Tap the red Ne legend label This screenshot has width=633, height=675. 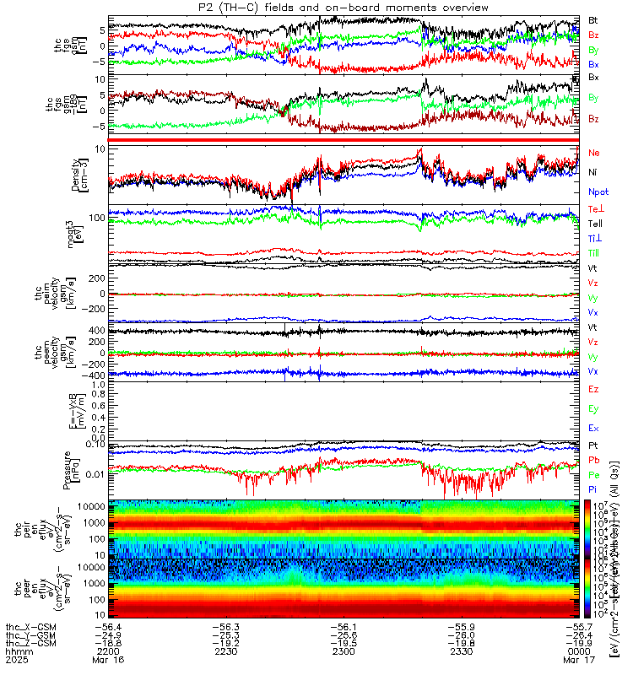[594, 153]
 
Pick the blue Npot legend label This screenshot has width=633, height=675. [598, 192]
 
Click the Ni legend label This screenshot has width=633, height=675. [593, 172]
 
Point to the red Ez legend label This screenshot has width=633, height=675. [593, 389]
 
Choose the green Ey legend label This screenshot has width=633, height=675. [593, 408]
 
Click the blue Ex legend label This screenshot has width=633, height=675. [593, 428]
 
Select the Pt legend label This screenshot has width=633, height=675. [593, 445]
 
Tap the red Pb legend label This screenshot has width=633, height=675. [593, 460]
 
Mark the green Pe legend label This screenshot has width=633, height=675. [593, 475]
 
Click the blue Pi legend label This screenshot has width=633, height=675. [593, 489]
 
